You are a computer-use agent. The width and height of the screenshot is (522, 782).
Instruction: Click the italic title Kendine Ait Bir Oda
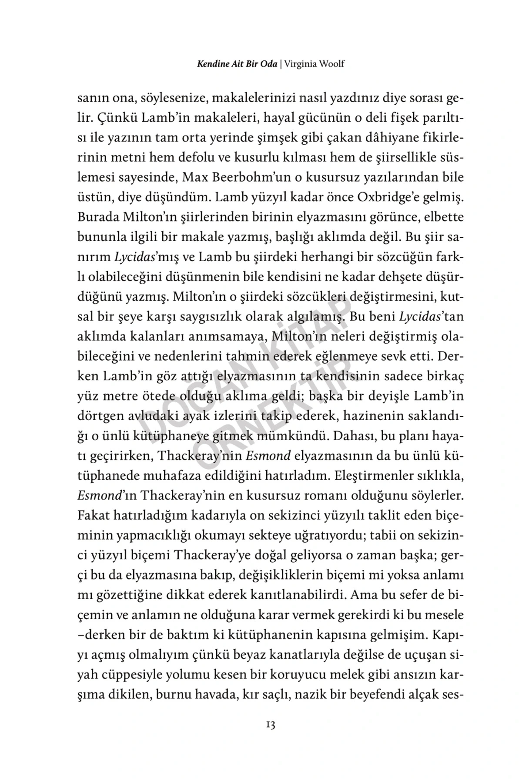pyautogui.click(x=237, y=64)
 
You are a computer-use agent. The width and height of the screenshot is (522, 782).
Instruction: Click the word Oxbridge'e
pyautogui.click(x=395, y=197)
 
